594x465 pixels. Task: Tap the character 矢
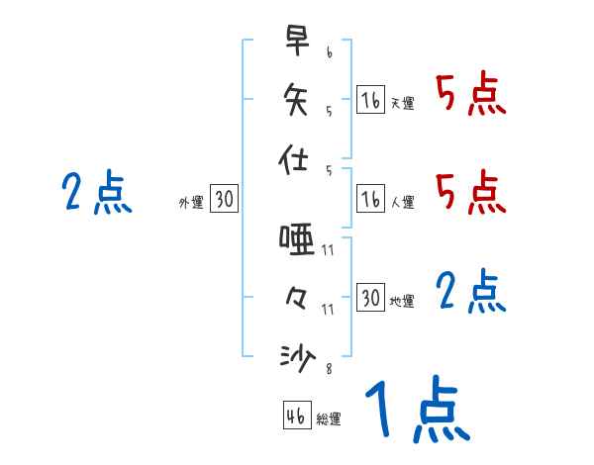(296, 98)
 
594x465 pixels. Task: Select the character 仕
(296, 159)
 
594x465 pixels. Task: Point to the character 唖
(296, 238)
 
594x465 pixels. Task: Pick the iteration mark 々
(296, 297)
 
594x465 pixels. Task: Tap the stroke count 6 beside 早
(328, 51)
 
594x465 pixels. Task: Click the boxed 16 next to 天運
(370, 100)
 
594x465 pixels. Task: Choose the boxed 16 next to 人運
(370, 200)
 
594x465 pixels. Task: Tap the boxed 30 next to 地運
(370, 298)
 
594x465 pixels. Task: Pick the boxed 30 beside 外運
(224, 200)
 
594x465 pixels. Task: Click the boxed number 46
(296, 416)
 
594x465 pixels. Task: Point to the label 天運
(402, 103)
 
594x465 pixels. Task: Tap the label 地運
(402, 301)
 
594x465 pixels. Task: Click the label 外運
(191, 203)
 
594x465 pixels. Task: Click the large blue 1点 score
(417, 411)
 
